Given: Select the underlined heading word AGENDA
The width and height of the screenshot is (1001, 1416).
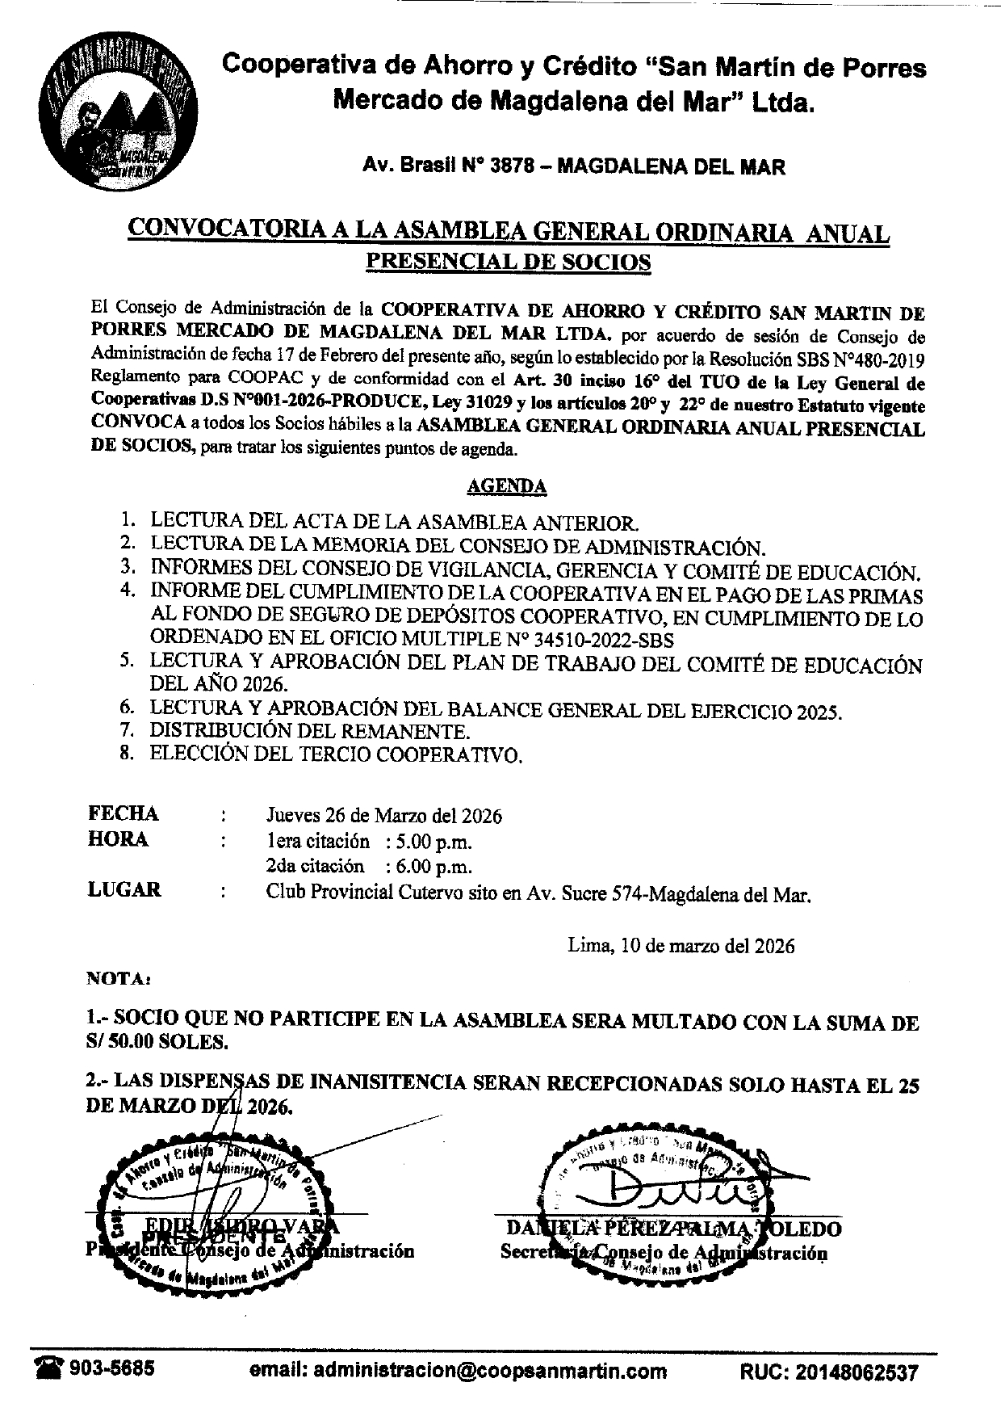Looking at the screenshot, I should (x=506, y=486).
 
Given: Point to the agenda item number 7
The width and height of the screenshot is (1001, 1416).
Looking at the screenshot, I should (x=126, y=732).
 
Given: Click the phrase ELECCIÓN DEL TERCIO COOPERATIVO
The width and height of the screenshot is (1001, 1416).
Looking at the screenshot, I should (x=337, y=755).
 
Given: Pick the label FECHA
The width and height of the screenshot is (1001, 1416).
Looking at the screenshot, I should (x=123, y=813).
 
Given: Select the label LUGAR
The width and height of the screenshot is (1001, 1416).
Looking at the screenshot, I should (x=124, y=890).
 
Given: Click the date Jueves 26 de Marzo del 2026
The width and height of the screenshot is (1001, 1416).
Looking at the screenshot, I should (x=384, y=816).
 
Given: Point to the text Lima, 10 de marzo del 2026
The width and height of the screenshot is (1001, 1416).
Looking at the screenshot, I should (x=681, y=945).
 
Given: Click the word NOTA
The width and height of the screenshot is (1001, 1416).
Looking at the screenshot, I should (x=115, y=979).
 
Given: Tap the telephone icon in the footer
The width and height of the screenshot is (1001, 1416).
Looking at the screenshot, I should (x=48, y=1370).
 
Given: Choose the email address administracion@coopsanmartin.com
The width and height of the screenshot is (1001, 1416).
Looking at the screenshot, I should (x=459, y=1371).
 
